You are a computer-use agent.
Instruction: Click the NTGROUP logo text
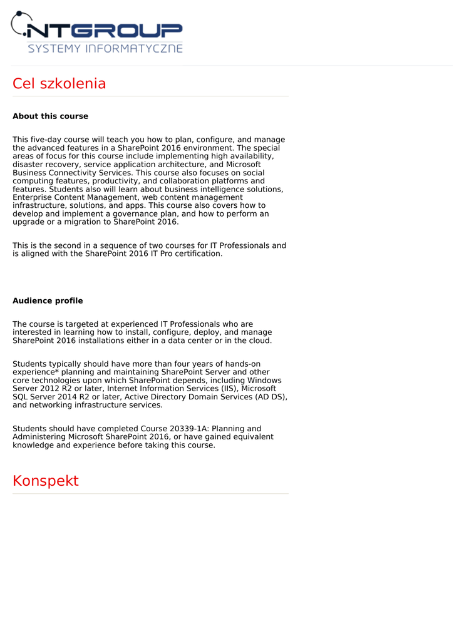coord(106,29)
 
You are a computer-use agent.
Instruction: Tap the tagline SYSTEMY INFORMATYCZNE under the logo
coord(105,48)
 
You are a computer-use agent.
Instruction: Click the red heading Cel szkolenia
coord(59,84)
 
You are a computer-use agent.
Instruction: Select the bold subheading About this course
coord(50,116)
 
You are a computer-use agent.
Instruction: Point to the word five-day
coord(51,140)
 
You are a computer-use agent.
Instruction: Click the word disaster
coord(29,165)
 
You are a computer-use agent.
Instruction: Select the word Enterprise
coord(33,197)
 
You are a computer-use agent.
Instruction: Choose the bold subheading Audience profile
coord(48,301)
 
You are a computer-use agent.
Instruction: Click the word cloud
coord(259,341)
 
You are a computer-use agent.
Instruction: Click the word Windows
coord(264,380)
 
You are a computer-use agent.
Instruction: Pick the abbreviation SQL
coord(21,396)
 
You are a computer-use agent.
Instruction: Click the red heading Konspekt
coord(46,481)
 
